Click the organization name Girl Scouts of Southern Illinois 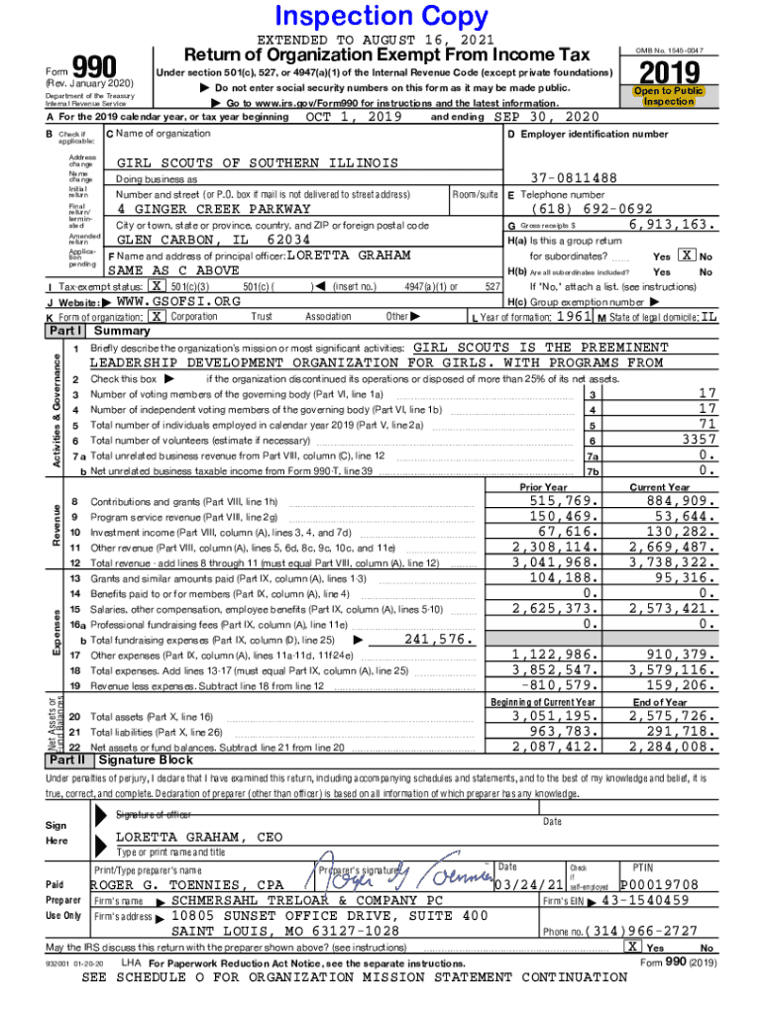coord(258,162)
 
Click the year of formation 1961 coord(575,316)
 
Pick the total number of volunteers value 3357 coord(696,440)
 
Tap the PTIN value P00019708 coord(659,884)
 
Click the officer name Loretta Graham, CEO coord(199,837)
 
